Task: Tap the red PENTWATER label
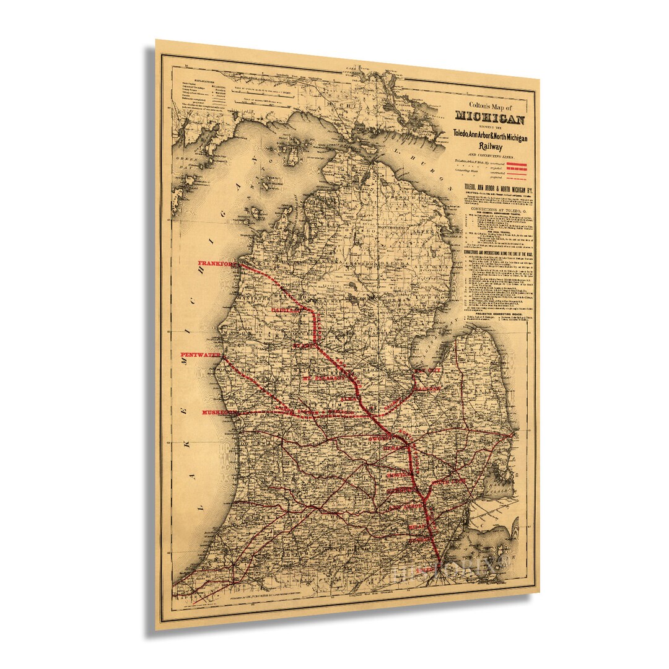click(200, 354)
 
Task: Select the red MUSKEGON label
click(221, 412)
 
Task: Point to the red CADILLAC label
click(286, 308)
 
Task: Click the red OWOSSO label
click(382, 438)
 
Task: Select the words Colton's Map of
click(489, 106)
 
